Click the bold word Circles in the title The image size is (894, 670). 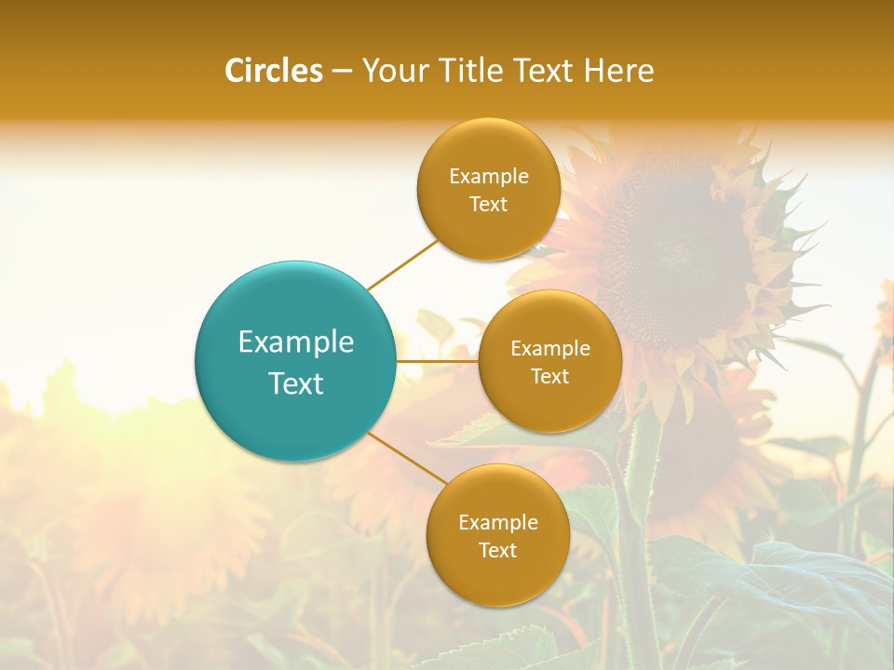274,71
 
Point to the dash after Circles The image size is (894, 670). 342,72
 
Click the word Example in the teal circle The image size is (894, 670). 295,342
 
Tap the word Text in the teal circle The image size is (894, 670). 295,383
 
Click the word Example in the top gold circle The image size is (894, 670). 488,177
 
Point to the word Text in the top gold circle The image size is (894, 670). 488,204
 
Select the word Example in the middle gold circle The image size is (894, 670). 549,349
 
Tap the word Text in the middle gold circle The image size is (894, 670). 549,376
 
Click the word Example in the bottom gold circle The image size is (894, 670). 497,523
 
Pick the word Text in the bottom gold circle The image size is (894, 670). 497,550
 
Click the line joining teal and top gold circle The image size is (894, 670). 402,265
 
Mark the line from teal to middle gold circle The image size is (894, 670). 438,361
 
